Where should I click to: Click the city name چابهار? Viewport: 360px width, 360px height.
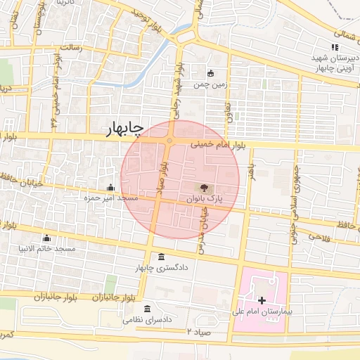[124, 128]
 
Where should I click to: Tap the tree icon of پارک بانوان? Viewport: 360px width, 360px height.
[204, 188]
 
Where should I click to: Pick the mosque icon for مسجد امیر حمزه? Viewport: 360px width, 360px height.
[111, 187]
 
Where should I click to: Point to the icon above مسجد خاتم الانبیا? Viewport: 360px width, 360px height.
[46, 238]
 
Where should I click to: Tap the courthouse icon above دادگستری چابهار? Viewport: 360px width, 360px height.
[162, 256]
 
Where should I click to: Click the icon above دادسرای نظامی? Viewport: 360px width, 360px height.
[146, 309]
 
